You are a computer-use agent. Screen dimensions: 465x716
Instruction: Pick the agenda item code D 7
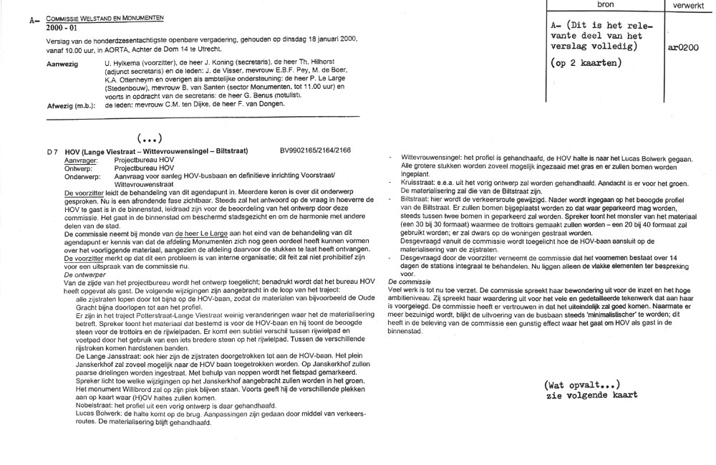52,152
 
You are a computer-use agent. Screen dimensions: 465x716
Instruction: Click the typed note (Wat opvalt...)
581,384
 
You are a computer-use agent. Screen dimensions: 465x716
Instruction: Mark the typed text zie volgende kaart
591,395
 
